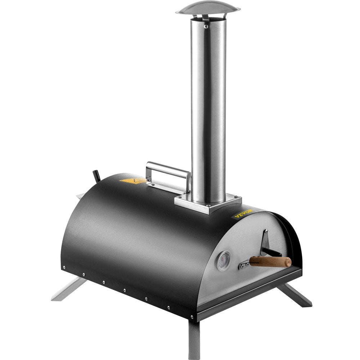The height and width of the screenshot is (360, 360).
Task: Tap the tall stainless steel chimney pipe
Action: pyautogui.click(x=208, y=108)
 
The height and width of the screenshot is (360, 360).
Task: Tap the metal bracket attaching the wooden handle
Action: pyautogui.click(x=244, y=265)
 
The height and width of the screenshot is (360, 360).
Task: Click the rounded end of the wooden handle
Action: pyautogui.click(x=288, y=262)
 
